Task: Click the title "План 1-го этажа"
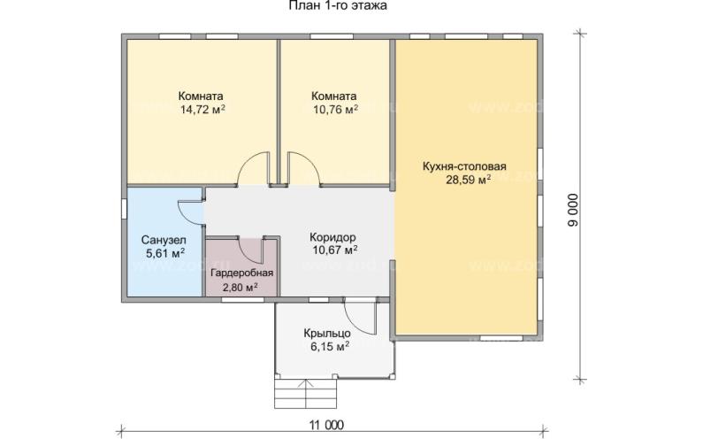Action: click(338, 7)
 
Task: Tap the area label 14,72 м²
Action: click(202, 111)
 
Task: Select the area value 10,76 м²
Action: click(333, 111)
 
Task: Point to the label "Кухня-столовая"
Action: click(464, 166)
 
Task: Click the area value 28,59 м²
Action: click(465, 181)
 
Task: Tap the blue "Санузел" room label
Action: click(164, 240)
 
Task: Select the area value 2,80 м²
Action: click(240, 287)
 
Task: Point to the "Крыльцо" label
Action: click(327, 334)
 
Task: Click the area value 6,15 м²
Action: click(327, 348)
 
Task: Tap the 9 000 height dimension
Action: click(572, 212)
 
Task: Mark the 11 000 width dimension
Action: click(327, 426)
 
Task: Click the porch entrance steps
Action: click(306, 389)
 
